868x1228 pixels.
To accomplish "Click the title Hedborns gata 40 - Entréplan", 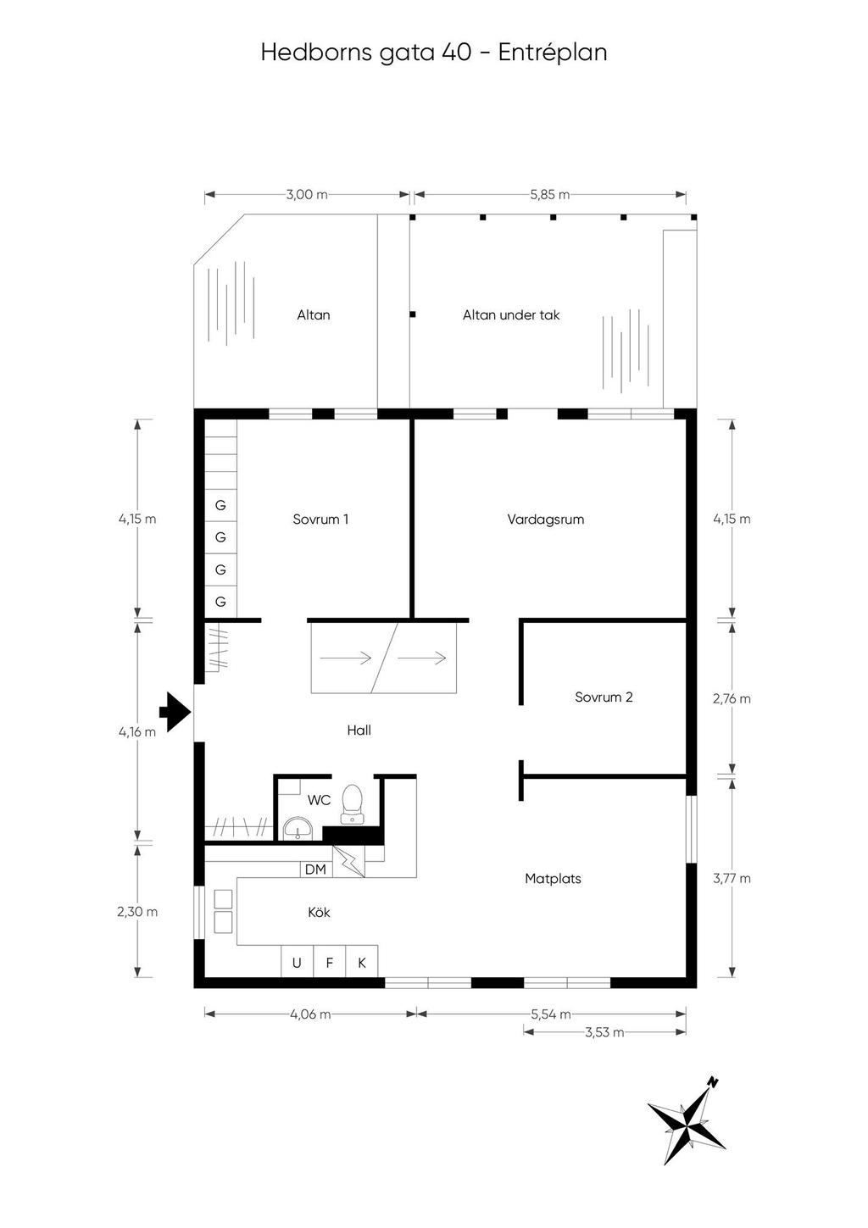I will (x=433, y=53).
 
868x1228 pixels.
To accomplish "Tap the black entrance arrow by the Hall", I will (x=175, y=712).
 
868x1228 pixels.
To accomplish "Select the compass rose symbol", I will (x=687, y=1123).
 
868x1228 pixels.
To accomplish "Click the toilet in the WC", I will (x=352, y=804).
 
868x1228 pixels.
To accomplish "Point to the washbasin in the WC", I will (x=297, y=828).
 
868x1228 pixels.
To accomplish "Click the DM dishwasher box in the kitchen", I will (x=315, y=870).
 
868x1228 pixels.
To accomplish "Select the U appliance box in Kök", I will (x=297, y=963).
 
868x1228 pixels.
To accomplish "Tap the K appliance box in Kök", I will (x=362, y=963).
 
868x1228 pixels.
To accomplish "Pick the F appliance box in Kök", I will (x=330, y=963).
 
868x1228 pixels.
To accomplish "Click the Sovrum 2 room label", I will (x=604, y=697).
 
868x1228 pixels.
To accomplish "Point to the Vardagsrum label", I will (x=546, y=520).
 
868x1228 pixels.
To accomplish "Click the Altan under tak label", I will (x=511, y=315).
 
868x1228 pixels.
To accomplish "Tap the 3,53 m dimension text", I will (x=604, y=1032).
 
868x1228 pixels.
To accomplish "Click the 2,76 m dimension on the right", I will (x=732, y=699).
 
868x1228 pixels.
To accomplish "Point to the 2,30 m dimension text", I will (x=137, y=913).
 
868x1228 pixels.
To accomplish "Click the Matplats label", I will (x=553, y=879).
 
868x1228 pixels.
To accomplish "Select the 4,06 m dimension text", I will (x=310, y=1014).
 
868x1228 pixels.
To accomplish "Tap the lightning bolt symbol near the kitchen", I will (x=349, y=861).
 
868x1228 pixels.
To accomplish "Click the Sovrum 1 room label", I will (x=320, y=520).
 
